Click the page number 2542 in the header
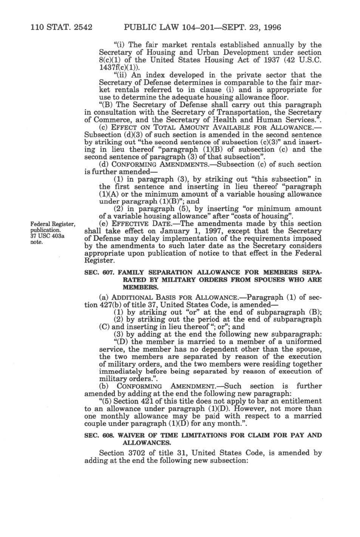coord(82,27)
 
